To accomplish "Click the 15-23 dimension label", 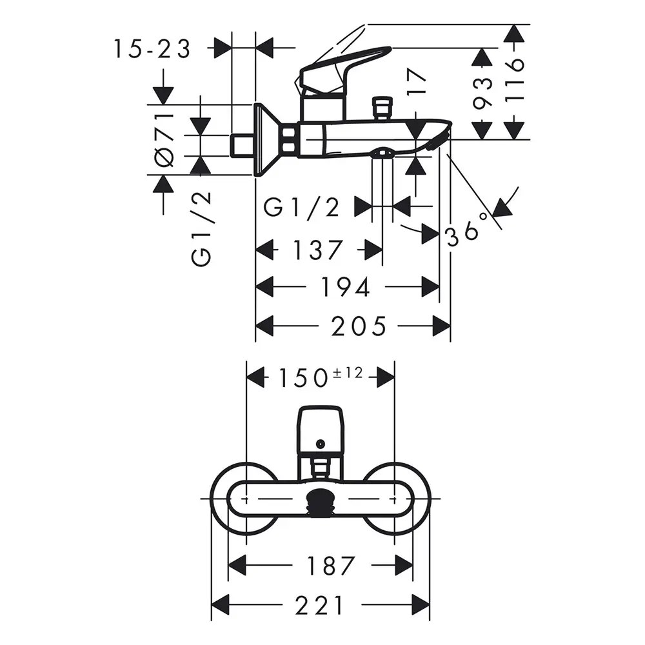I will (x=152, y=48).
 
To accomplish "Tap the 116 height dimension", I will (x=515, y=81).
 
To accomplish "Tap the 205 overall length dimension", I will (x=359, y=326).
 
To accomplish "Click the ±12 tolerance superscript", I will (x=348, y=372).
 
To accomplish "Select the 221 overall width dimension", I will (x=320, y=605).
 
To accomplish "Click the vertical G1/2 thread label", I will (x=201, y=229).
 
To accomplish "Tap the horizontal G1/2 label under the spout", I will (x=301, y=208).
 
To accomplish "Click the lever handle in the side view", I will (x=342, y=64).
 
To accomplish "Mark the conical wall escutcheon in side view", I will (x=267, y=140).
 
